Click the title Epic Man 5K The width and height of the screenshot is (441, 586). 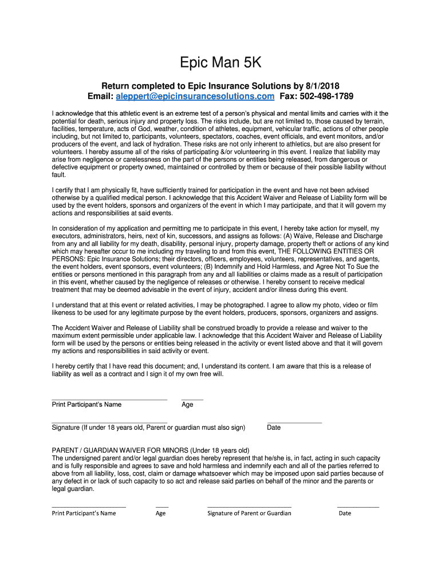click(x=220, y=62)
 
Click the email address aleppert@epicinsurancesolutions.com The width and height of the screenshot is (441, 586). click(x=195, y=96)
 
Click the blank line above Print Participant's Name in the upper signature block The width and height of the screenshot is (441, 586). click(x=109, y=399)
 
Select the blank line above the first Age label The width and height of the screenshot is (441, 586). click(x=192, y=399)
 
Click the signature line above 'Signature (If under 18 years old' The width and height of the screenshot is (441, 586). click(x=109, y=422)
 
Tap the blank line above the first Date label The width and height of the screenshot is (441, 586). click(x=294, y=422)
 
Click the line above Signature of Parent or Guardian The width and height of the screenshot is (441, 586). click(x=249, y=507)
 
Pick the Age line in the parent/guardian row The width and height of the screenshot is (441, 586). click(x=162, y=507)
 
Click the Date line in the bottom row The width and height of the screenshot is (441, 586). click(x=358, y=507)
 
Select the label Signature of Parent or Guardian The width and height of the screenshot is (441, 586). click(x=249, y=513)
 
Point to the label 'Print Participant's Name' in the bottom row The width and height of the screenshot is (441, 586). click(x=84, y=513)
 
